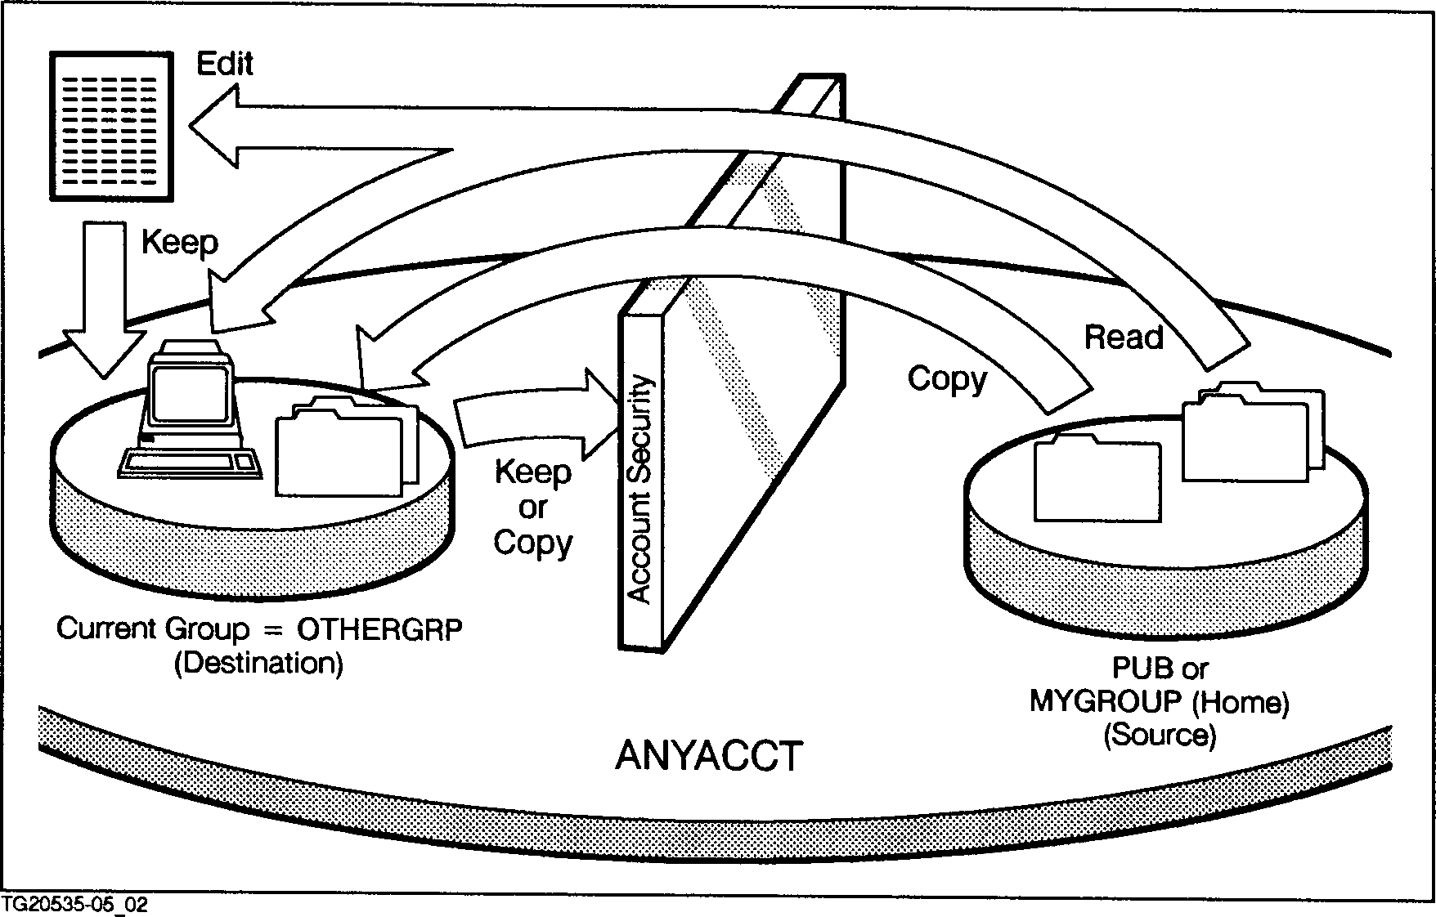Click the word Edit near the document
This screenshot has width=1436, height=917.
click(225, 64)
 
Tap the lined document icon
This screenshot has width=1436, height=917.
click(111, 125)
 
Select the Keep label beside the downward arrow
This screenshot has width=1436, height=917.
click(180, 243)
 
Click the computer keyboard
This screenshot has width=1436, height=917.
click(189, 463)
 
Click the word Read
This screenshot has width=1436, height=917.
click(1124, 337)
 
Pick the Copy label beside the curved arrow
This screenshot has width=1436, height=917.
click(947, 379)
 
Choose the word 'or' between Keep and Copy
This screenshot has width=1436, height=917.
click(532, 508)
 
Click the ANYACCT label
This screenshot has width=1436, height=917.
click(708, 756)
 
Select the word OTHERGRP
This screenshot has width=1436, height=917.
click(379, 630)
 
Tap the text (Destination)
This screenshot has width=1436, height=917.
click(258, 663)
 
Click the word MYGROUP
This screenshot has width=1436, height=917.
click(1093, 702)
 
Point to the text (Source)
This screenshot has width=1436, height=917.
click(1160, 736)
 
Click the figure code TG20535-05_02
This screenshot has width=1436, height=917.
click(75, 906)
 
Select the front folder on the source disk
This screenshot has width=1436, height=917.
click(1096, 482)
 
